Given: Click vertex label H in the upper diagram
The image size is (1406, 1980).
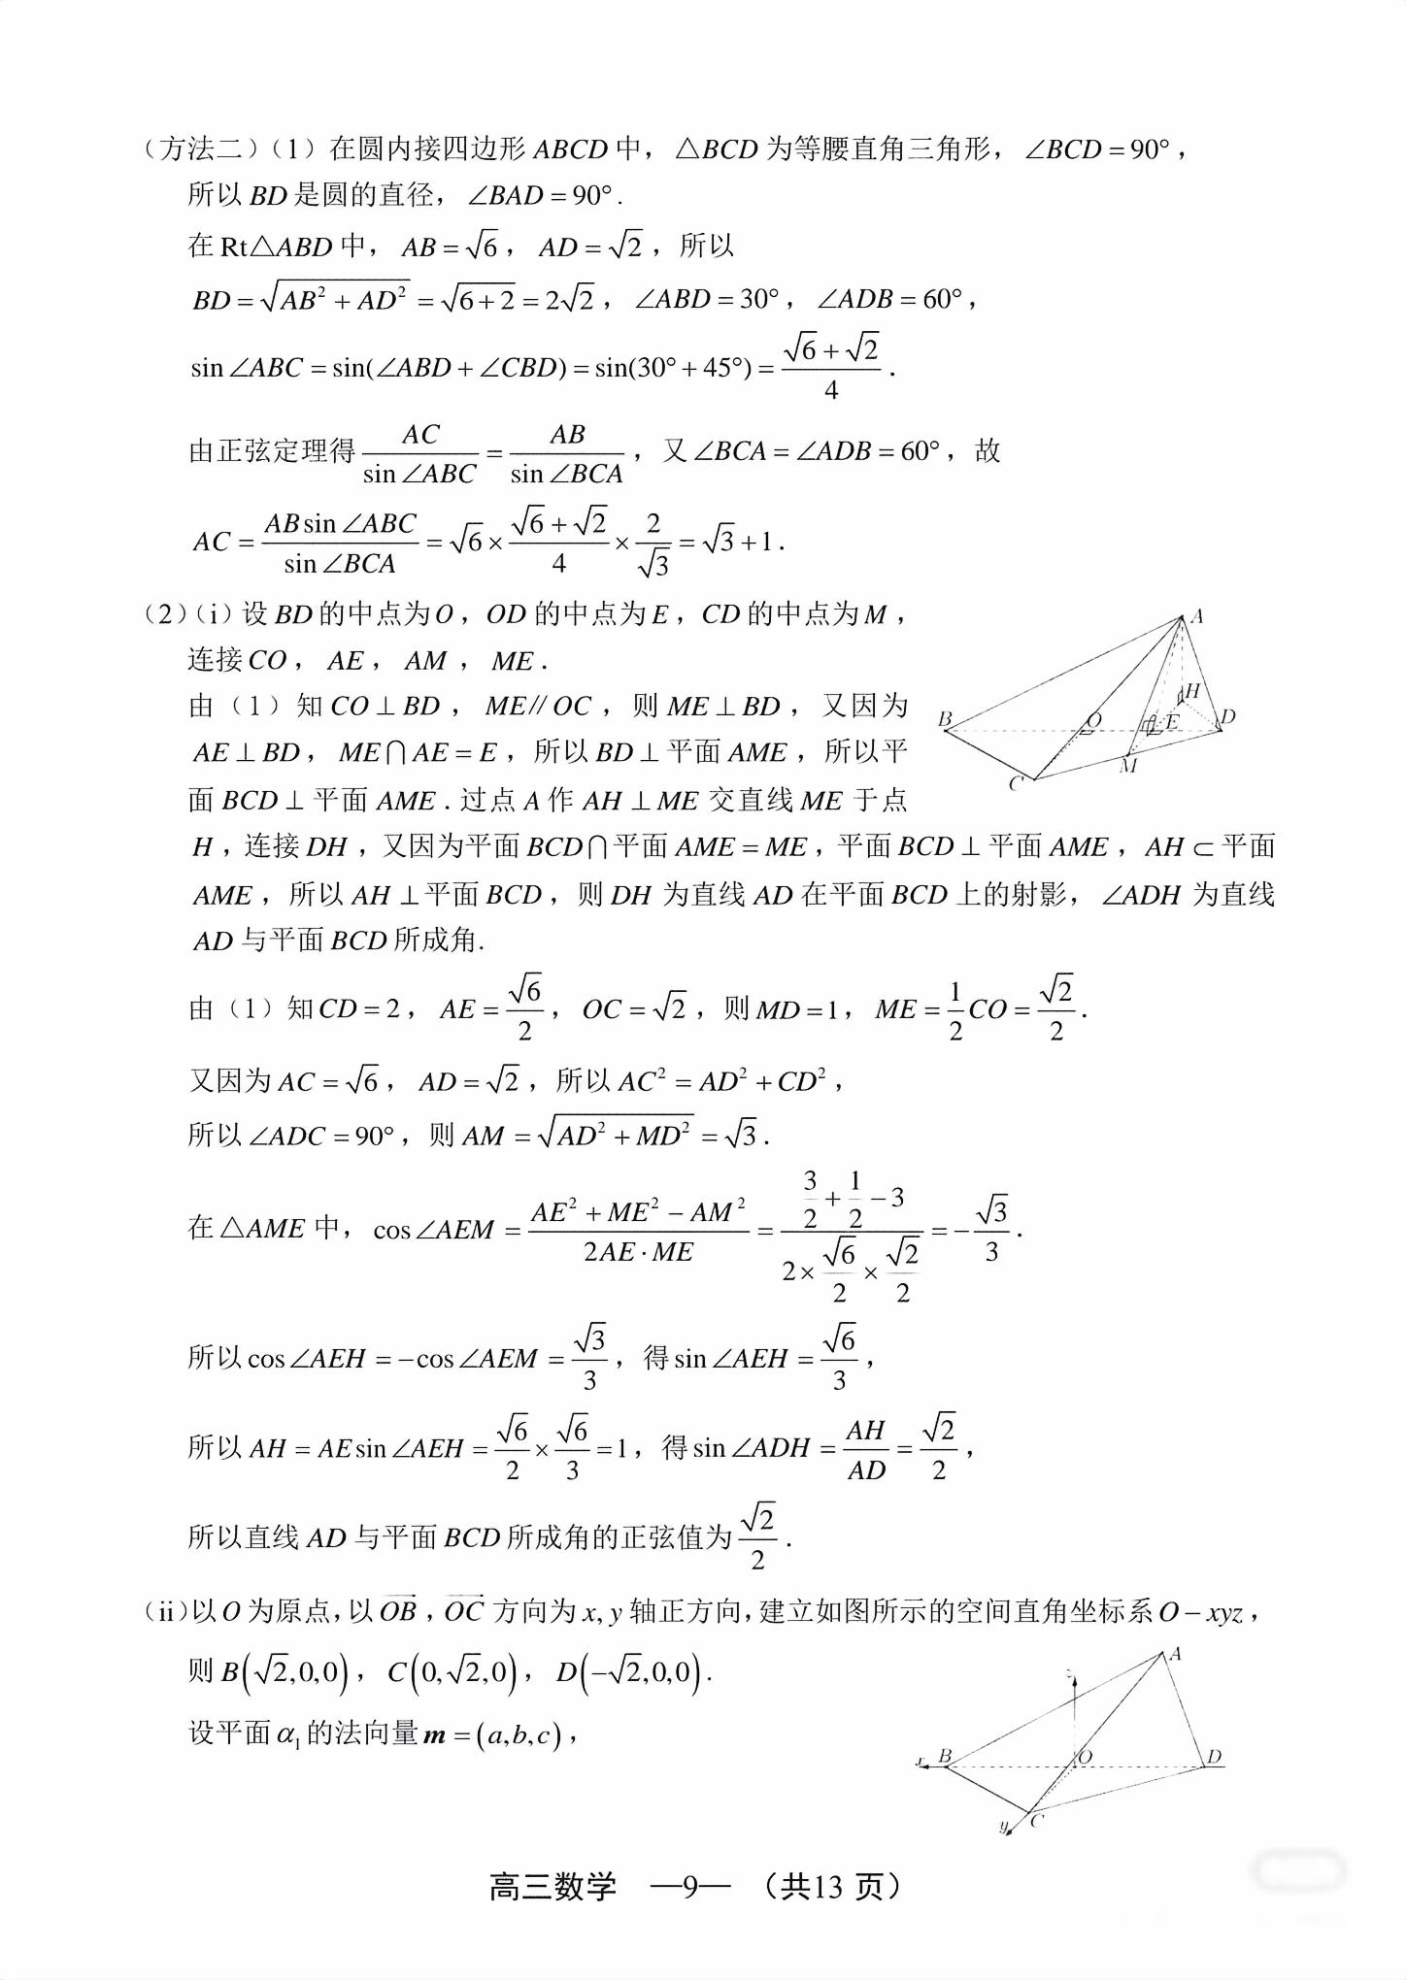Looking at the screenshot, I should coord(1193,690).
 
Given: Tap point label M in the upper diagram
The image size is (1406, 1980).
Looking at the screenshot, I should coord(1127,766).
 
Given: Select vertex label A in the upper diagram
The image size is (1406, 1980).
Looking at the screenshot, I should coord(1197,615).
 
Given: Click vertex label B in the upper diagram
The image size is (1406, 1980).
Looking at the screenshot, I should coord(945,718).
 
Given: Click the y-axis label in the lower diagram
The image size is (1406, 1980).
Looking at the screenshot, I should coord(1003,1827).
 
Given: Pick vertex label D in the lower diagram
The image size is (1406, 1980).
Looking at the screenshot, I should coord(1213,1757).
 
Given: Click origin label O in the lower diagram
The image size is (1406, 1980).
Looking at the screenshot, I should coord(1085,1756).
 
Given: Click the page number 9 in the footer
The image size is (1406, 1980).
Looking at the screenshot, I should coord(690,1886).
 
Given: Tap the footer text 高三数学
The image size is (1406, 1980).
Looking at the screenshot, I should coord(552,1886).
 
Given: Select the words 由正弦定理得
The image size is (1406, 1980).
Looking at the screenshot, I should coord(272,451).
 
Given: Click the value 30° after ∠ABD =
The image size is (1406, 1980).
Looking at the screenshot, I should coord(759,299).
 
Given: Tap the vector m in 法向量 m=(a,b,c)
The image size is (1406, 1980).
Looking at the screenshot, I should coord(434,1734).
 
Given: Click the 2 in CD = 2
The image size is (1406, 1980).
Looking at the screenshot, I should coord(392,1009).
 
